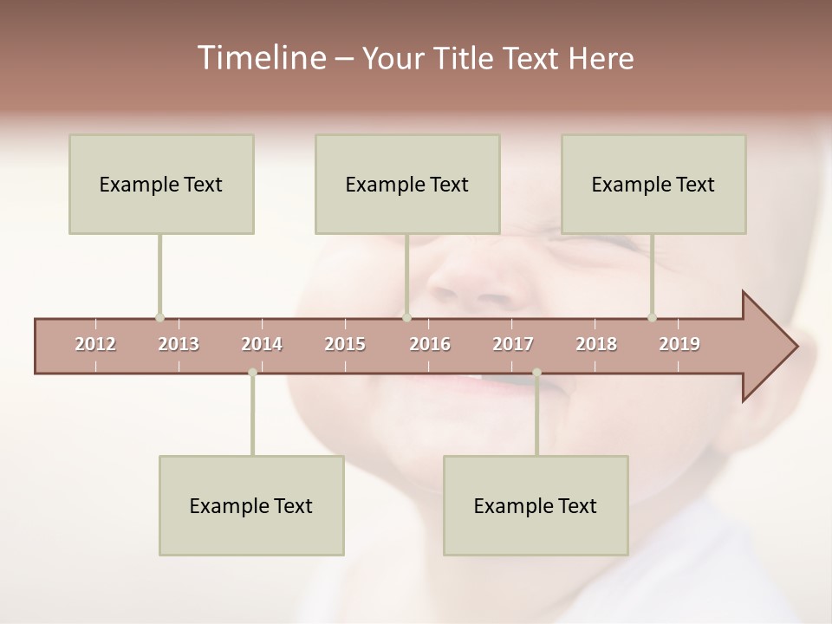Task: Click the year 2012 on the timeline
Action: pos(95,344)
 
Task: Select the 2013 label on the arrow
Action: pos(179,344)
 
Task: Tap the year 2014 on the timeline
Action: pos(262,344)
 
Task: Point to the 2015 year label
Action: pos(345,344)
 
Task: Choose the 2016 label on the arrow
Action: pos(430,344)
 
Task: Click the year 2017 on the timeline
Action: pos(513,344)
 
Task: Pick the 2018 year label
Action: pos(596,344)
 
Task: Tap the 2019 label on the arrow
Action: pos(679,344)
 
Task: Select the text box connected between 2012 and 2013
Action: pos(161,184)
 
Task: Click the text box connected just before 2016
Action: pos(407,184)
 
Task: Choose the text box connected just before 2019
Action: pos(653,184)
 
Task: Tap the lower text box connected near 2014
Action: pos(251,505)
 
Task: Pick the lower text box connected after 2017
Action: pos(536,505)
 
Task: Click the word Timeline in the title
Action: pos(260,58)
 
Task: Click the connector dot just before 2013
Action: pos(159,317)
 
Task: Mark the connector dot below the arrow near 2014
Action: pos(252,373)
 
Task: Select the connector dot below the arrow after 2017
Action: pos(536,373)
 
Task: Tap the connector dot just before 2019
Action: pos(652,317)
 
